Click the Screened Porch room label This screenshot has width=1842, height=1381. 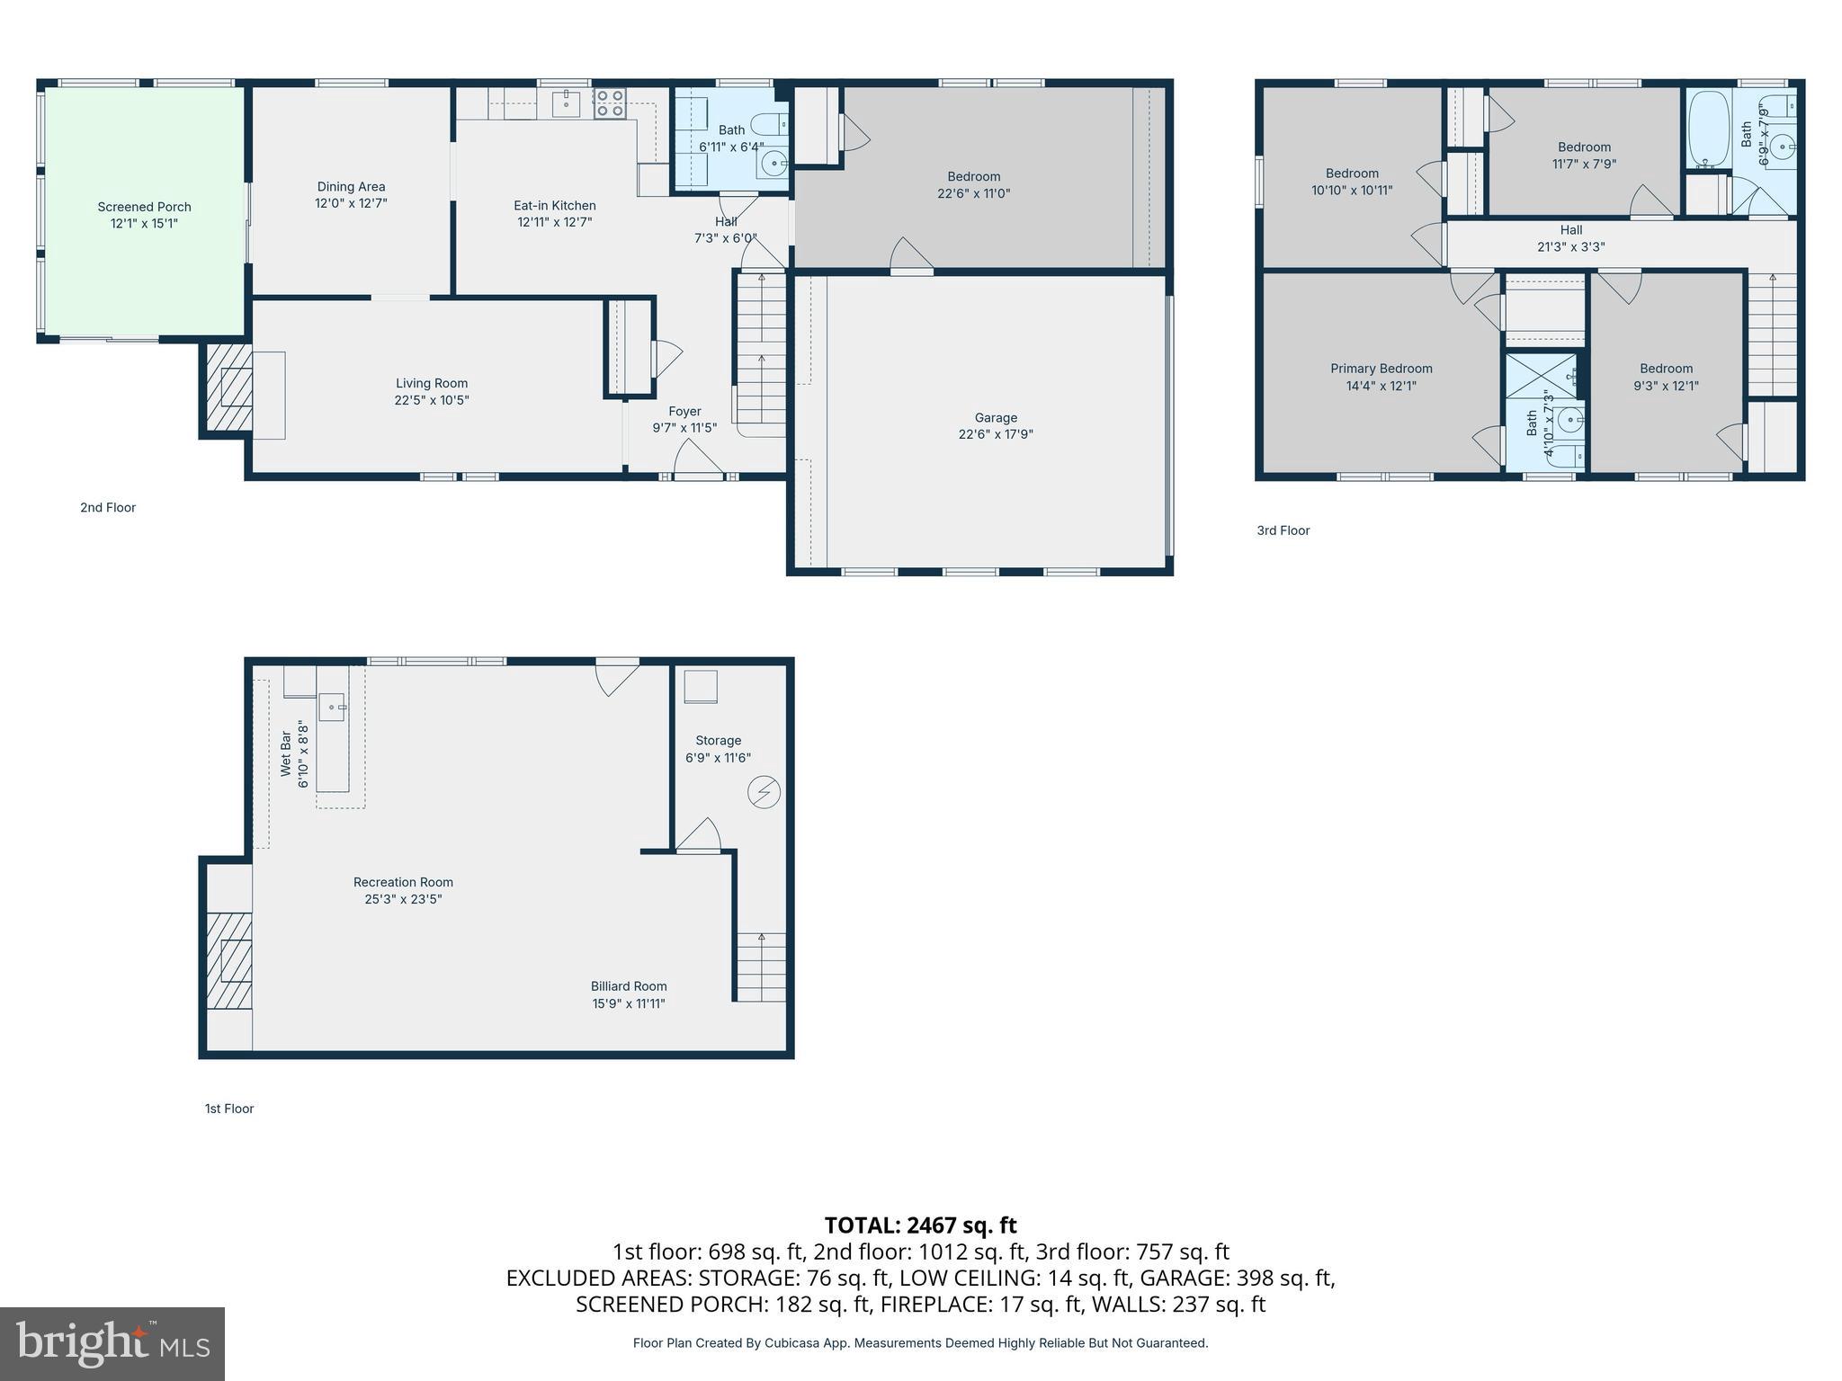click(x=144, y=207)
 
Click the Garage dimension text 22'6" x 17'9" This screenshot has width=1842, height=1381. click(x=996, y=434)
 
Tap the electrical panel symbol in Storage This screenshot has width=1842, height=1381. click(x=764, y=792)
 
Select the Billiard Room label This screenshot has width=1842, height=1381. click(x=629, y=986)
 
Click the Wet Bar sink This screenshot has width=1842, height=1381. click(x=333, y=708)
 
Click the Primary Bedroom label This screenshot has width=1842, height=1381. click(x=1381, y=369)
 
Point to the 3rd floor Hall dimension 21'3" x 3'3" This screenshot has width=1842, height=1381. click(x=1570, y=246)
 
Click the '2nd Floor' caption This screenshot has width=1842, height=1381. click(x=108, y=507)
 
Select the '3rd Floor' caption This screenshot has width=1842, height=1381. click(x=1283, y=530)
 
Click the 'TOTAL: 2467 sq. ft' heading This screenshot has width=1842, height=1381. click(x=920, y=1225)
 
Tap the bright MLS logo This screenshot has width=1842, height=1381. click(x=112, y=1343)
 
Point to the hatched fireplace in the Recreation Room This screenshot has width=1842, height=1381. click(x=228, y=960)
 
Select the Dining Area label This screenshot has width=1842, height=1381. click(x=351, y=187)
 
